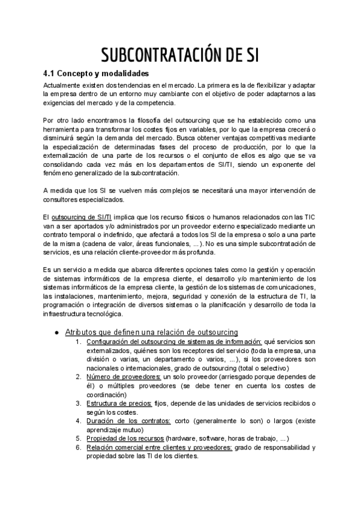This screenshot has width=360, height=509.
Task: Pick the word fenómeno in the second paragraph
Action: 59,173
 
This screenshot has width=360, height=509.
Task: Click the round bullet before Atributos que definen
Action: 56,332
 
